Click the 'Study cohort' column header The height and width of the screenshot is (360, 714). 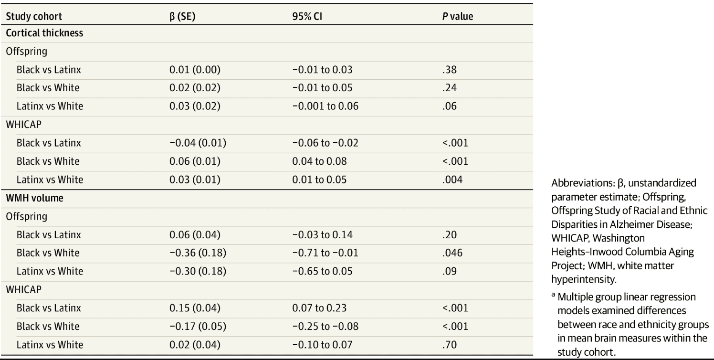34,17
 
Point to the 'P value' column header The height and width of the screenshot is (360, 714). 458,17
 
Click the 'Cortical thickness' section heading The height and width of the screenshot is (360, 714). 44,33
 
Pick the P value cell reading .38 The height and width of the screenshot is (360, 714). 449,70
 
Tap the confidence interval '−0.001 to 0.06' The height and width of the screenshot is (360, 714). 325,106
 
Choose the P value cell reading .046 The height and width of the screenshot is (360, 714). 451,253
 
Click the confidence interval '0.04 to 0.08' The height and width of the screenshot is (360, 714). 320,161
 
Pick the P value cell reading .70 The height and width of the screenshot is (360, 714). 449,345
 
